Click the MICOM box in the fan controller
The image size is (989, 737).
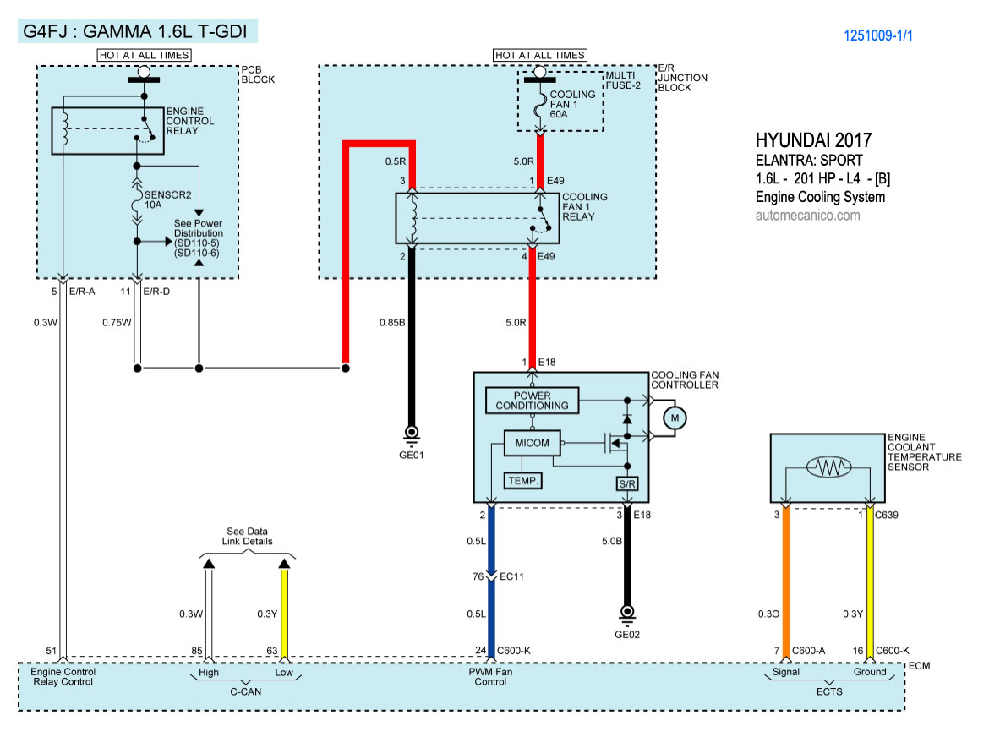click(x=531, y=443)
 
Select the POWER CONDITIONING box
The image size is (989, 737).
click(x=533, y=401)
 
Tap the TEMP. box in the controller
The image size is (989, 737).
click(x=522, y=481)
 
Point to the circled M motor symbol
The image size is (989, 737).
click(x=674, y=417)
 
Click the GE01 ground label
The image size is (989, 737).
click(x=413, y=454)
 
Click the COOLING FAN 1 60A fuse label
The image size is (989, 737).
click(x=572, y=104)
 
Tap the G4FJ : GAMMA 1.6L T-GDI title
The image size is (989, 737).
click(x=136, y=32)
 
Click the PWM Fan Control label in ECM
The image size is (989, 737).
click(x=491, y=678)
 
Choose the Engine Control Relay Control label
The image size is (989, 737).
click(x=64, y=678)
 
